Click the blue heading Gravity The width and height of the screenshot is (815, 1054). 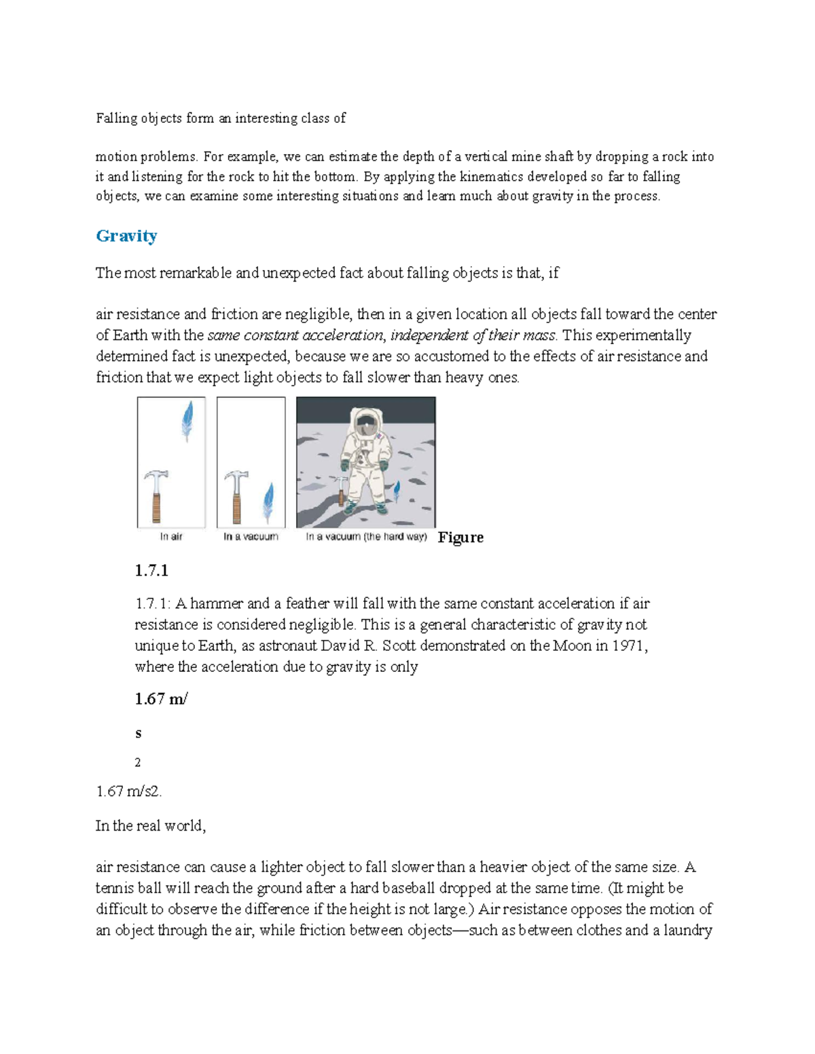(x=126, y=236)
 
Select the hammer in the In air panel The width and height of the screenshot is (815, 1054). (x=156, y=495)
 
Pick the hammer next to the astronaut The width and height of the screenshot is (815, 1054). (x=342, y=489)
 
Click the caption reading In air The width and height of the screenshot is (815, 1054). (x=171, y=537)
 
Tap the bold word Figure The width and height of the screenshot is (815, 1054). (x=460, y=538)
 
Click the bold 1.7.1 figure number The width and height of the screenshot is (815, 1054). (x=151, y=571)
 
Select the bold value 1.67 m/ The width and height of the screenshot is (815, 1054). (x=161, y=699)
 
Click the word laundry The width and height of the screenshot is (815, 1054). (x=688, y=930)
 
